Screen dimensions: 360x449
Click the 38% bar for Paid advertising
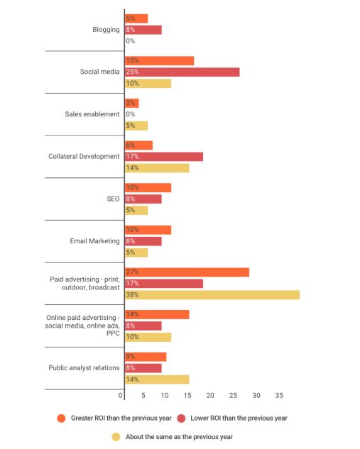(x=212, y=294)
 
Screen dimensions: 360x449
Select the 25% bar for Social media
(x=182, y=72)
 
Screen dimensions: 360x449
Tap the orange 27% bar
(x=187, y=272)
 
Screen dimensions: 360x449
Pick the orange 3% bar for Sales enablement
(x=132, y=103)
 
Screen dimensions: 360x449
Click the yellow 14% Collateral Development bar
(x=157, y=168)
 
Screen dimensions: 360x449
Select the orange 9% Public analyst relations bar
(x=146, y=357)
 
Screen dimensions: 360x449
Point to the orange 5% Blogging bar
(x=136, y=18)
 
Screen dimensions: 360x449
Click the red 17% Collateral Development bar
(x=164, y=157)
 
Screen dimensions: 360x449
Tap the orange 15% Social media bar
(x=159, y=61)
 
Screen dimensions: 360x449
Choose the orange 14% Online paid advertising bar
(x=157, y=314)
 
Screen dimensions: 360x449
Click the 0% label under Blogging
(x=131, y=41)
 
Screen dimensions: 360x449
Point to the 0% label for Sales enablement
(x=131, y=114)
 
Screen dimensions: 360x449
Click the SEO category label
(x=113, y=199)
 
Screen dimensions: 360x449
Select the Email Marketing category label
(x=94, y=241)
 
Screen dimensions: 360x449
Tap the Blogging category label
(x=106, y=30)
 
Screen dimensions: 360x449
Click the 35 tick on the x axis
(x=279, y=396)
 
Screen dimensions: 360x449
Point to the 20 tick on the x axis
(x=210, y=396)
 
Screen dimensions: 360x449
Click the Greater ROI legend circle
(x=61, y=418)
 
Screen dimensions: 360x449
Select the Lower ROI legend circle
(x=182, y=418)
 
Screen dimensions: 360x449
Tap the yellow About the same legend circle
(x=116, y=437)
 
